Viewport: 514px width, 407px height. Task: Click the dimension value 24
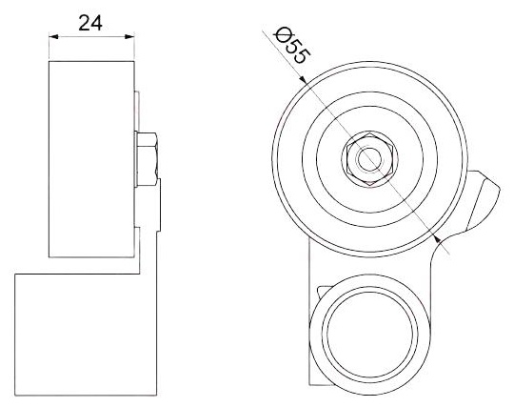(90, 23)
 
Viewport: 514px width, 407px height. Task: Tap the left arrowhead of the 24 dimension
(53, 36)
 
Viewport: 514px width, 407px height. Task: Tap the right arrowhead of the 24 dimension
(129, 36)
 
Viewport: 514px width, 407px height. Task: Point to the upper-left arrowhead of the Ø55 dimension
(303, 79)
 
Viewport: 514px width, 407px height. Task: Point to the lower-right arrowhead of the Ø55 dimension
(436, 238)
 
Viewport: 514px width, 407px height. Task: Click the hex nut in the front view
(369, 159)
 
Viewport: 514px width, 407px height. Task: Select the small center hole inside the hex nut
(369, 159)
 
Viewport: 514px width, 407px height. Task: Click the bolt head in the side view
(148, 159)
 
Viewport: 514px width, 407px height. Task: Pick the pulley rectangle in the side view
(91, 159)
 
